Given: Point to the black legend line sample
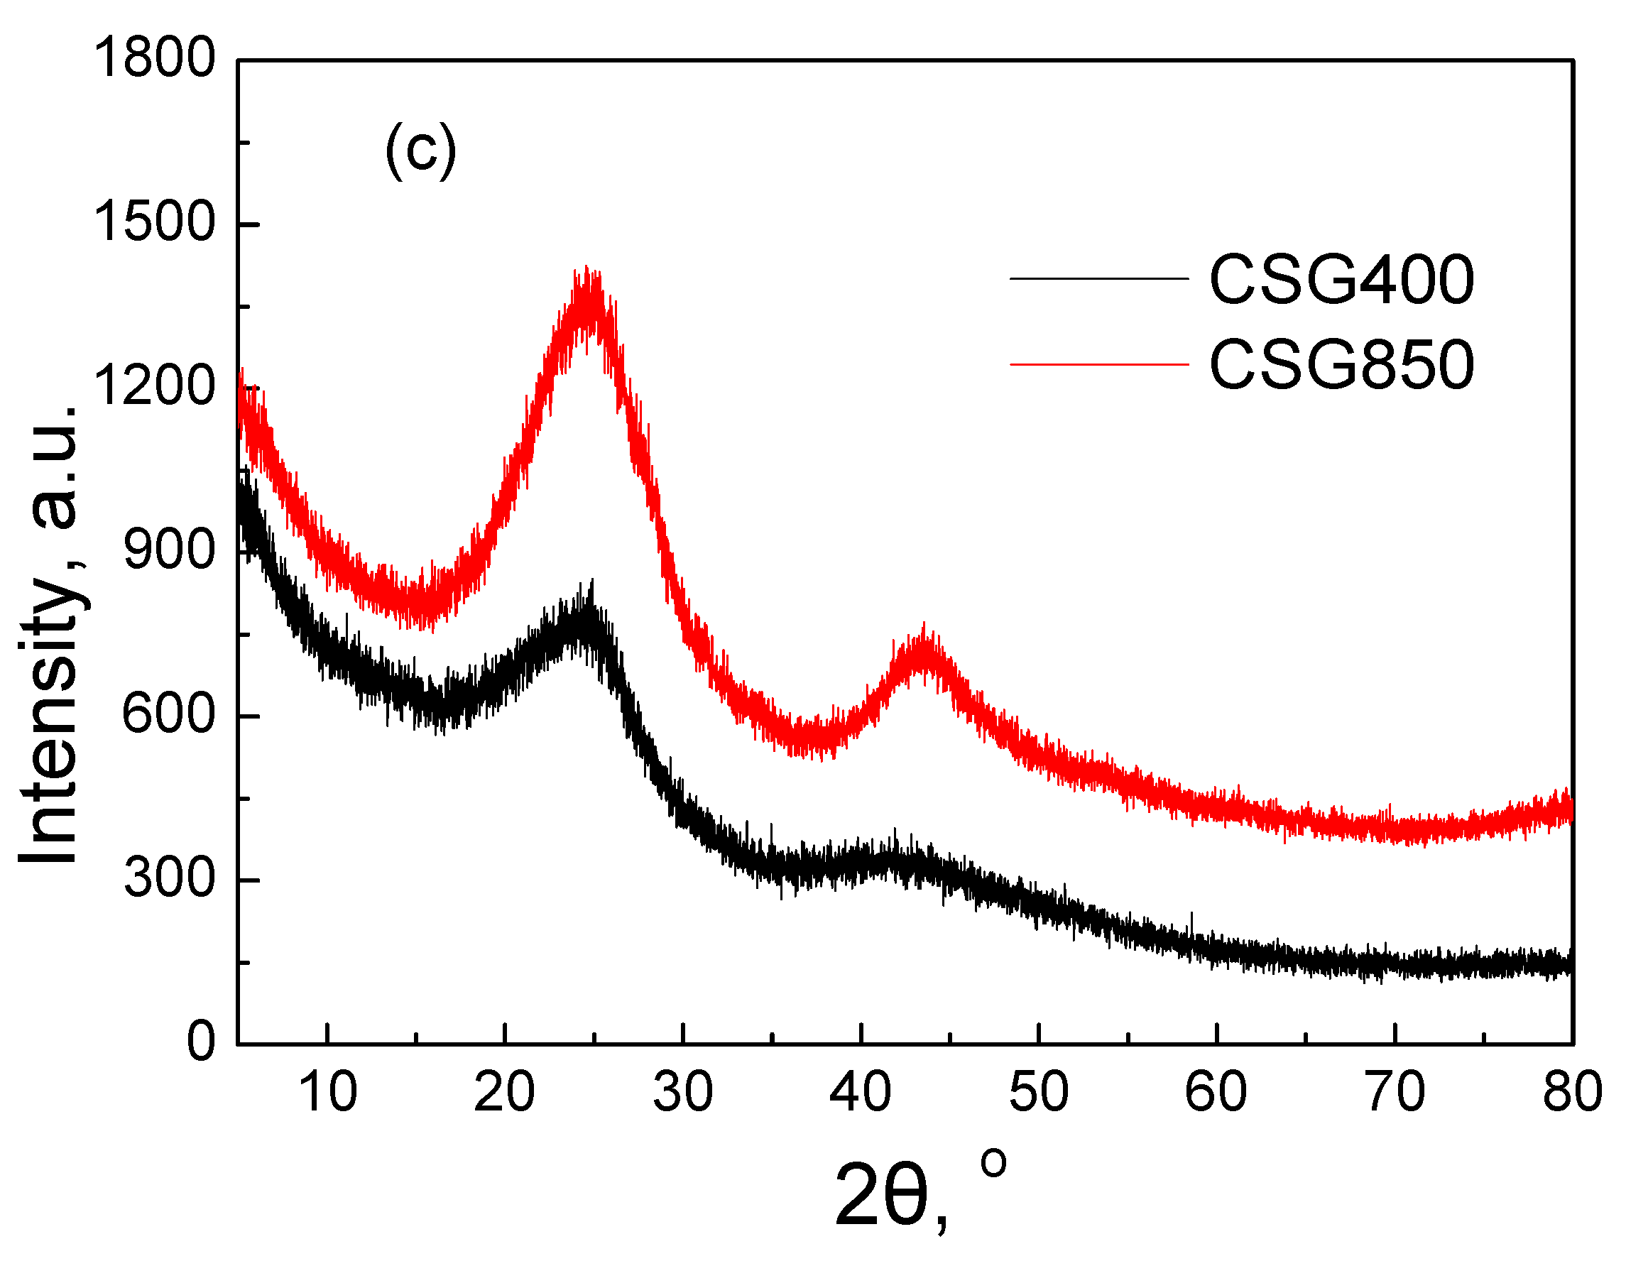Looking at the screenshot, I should click(1099, 279).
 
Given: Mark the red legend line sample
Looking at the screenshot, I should click(1099, 364).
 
